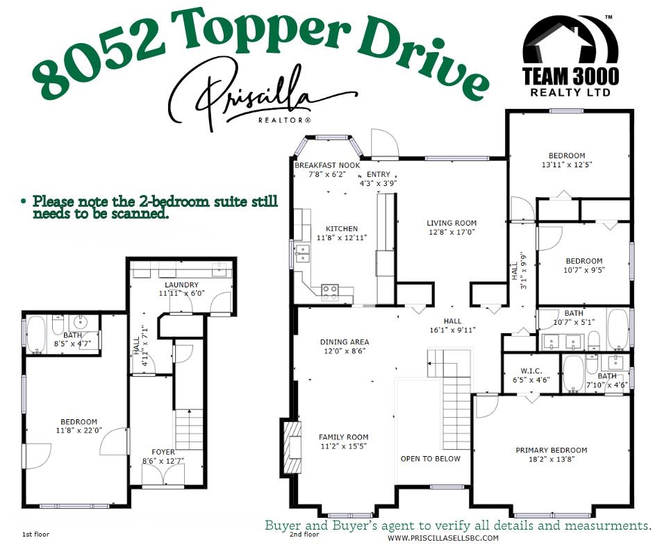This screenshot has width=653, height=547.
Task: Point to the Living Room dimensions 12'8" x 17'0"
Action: pos(452,232)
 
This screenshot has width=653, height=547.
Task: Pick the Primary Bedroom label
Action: pos(551,451)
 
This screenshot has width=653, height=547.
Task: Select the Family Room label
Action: pos(344,437)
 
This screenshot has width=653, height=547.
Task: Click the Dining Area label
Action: pos(344,342)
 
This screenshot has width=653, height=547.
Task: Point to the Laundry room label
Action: pos(182,285)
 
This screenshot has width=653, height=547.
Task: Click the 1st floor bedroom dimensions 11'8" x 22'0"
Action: pos(78,430)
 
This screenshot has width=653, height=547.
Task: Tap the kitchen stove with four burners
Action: pos(330,292)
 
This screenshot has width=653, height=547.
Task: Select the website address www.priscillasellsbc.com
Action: pos(443,538)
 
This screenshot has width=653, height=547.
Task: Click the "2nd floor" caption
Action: pos(304,535)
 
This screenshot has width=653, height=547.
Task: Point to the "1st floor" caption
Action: pos(35,535)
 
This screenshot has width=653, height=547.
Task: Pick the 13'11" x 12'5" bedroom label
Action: pos(567,165)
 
